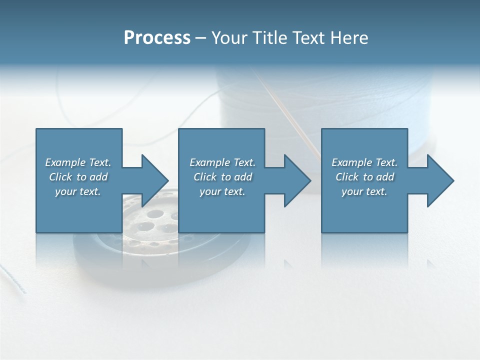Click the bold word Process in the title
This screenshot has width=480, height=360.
coord(157,38)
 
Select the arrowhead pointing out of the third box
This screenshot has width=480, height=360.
coord(439,180)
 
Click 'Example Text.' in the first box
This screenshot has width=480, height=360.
coord(78,162)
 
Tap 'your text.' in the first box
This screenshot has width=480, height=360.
coord(78,191)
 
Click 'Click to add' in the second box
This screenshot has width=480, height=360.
coord(222,177)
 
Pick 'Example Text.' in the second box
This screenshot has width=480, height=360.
coord(222,162)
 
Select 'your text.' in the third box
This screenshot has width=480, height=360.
coord(364,191)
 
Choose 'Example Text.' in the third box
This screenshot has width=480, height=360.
coord(364,162)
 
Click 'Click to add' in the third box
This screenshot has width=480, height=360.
coord(364,177)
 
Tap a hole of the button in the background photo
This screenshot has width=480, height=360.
coord(155,215)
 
